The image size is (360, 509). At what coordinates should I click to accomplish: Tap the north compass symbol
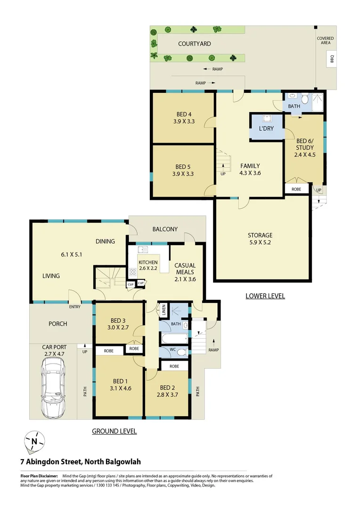[x=34, y=441]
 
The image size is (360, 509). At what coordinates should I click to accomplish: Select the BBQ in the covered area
[x=332, y=59]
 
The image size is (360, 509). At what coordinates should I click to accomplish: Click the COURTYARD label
[x=194, y=44]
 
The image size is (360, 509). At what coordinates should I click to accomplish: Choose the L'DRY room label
[x=266, y=128]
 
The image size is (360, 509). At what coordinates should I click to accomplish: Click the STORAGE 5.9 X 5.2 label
[x=260, y=235]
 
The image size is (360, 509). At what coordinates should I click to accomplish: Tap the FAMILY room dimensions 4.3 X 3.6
[x=250, y=173]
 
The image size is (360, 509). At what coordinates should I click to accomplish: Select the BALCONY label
[x=165, y=229]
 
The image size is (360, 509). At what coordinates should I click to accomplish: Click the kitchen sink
[x=142, y=249]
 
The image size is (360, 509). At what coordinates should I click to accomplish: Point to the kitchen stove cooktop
[x=132, y=271]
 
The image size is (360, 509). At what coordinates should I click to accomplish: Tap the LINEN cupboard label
[x=164, y=311]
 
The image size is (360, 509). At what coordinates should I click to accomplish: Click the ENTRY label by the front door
[x=74, y=307]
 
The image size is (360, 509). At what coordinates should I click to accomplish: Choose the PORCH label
[x=57, y=324]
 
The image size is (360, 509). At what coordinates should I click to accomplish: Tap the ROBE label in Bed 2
[x=174, y=366]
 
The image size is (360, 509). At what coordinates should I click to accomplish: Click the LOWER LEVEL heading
[x=265, y=296]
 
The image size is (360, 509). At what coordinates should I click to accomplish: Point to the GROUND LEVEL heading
[x=114, y=431]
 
